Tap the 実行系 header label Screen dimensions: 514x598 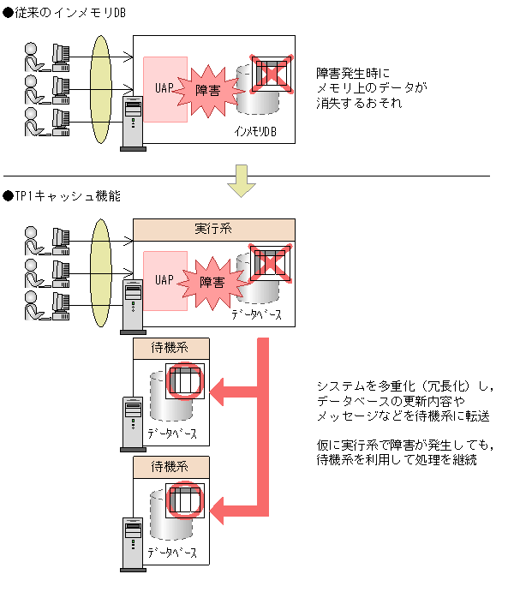click(x=213, y=229)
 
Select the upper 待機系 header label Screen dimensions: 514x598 click(x=170, y=348)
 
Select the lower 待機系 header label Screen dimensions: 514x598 click(x=170, y=466)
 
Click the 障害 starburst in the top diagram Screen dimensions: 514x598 click(x=208, y=91)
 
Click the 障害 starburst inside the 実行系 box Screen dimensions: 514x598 click(x=212, y=283)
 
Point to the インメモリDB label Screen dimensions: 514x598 click(x=255, y=132)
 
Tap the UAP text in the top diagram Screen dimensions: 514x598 click(x=164, y=88)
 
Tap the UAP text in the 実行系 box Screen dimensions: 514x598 click(x=164, y=280)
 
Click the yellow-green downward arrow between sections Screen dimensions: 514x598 click(x=242, y=181)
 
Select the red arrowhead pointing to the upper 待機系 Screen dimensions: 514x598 click(x=217, y=392)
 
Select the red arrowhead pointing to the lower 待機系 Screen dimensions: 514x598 click(x=217, y=511)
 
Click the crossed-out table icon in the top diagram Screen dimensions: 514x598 click(x=271, y=74)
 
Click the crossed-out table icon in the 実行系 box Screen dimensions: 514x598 click(x=271, y=264)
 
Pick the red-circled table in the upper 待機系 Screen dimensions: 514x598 click(x=185, y=381)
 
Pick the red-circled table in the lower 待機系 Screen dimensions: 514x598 click(x=185, y=500)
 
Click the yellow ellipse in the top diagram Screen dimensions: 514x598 click(x=101, y=90)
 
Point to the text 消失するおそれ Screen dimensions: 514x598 click(x=359, y=104)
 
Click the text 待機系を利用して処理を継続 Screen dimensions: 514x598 click(x=397, y=460)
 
